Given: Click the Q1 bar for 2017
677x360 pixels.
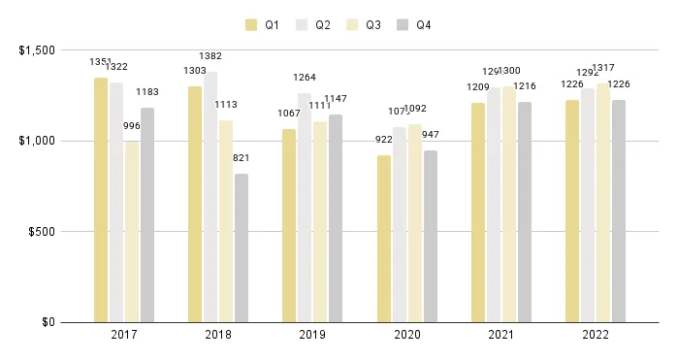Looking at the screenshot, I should point(101,200).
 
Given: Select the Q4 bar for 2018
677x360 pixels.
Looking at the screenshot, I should point(242,247).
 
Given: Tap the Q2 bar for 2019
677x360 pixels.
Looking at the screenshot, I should point(305,208).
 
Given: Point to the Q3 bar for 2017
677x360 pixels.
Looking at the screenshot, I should point(132,232).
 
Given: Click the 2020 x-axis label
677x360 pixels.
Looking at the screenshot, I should point(406,336).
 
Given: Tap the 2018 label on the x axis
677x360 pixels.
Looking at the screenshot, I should point(218,336).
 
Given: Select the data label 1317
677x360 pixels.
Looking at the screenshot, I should point(603,69).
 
